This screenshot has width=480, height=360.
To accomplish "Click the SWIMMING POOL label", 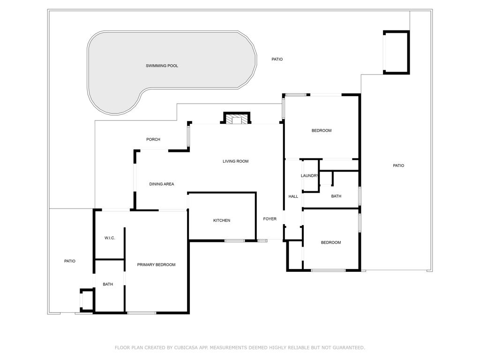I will pos(162,66).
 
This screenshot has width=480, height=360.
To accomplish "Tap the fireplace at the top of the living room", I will pos(237,119).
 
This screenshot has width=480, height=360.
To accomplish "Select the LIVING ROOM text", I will pos(235,161).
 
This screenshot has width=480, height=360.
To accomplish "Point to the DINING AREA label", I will pos(162,184).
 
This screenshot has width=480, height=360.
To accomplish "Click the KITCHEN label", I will pos(222,220).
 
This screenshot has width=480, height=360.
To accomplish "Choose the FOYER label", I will pos(270,219).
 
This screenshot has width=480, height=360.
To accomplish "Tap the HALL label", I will pos(293,196).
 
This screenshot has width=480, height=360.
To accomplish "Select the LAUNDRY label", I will pos(310,176).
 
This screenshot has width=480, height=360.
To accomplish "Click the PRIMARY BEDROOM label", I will pos(156,265).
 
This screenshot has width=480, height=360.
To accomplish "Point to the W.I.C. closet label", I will pos(110,238).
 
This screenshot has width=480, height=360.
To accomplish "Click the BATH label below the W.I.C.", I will pos(108,284).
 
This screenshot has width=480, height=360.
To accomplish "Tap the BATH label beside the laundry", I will pos(336,196).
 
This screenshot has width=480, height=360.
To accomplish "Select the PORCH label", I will pos(153,139).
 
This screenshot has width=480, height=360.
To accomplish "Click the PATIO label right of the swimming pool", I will pos(277,60).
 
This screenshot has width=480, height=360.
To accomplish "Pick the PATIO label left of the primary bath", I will pos(69,261).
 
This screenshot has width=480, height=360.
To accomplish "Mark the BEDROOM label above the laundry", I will pos(322,130).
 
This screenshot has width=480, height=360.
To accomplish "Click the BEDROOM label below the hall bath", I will pos(331,242).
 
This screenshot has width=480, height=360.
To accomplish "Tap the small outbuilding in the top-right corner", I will pos(396,52).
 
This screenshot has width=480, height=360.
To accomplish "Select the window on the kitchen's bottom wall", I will pos(234,241).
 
